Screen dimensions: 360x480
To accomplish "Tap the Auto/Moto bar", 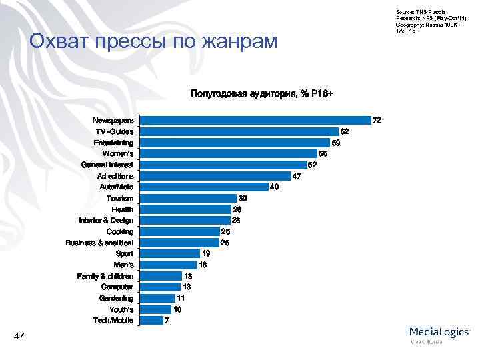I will [x=203, y=187].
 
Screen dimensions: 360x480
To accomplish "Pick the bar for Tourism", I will [x=188, y=198].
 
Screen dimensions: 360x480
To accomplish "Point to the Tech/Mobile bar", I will [x=151, y=321].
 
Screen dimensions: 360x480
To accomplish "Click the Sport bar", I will [x=170, y=254].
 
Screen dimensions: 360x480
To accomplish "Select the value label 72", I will [x=377, y=121].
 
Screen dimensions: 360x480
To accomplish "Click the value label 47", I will [x=297, y=176].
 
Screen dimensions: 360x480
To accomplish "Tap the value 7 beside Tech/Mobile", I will [x=167, y=321].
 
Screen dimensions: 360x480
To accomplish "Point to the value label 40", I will [x=274, y=187].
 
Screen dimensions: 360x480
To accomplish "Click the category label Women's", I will [x=117, y=154].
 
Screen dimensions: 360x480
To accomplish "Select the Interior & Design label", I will [x=105, y=221].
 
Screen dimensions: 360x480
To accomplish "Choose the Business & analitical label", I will [x=99, y=243].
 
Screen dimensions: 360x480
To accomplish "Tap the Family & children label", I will [x=105, y=276].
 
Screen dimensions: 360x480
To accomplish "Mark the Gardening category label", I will [x=116, y=298].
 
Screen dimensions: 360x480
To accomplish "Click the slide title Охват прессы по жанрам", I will [x=153, y=42].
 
